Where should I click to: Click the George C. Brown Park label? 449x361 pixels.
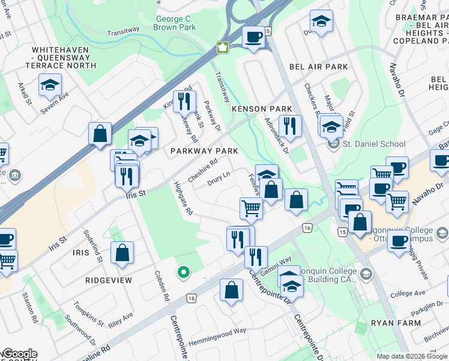[174, 23]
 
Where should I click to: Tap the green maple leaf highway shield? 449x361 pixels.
[222, 47]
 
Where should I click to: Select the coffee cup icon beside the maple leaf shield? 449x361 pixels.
[253, 37]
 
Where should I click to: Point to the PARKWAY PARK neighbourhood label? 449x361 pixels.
[204, 151]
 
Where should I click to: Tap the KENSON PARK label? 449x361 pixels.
[262, 109]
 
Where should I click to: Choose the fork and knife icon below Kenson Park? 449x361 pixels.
[289, 125]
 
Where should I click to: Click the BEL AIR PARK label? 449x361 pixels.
[318, 67]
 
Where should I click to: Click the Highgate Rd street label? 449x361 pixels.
[182, 199]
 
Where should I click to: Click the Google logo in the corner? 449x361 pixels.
[19, 354]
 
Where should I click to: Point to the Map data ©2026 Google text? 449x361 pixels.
[411, 356]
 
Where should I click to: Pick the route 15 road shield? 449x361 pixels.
[343, 232]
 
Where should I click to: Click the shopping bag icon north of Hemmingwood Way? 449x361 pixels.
[231, 290]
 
